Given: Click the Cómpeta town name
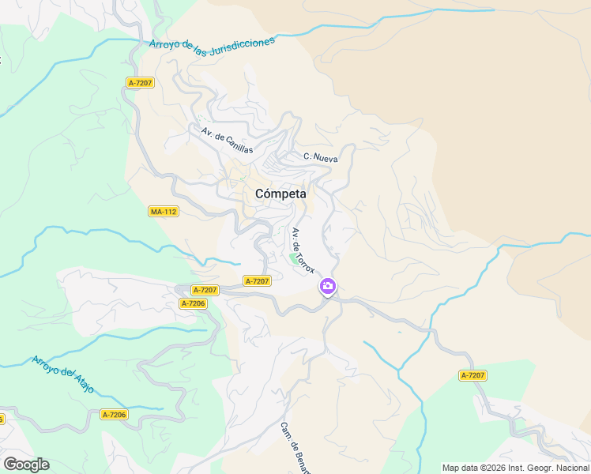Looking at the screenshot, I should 280,194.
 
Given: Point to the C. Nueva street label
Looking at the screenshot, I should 320,158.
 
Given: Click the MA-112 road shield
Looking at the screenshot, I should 164,212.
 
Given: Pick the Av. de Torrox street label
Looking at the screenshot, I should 303,250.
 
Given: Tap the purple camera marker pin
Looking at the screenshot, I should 327,287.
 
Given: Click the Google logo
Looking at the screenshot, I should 26,465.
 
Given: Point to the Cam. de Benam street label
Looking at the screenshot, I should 292,447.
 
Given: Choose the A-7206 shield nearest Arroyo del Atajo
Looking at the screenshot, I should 115,415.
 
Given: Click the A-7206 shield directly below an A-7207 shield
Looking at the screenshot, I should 193,303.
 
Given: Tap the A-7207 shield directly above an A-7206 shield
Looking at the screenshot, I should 193,291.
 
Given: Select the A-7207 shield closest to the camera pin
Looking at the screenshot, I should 258,281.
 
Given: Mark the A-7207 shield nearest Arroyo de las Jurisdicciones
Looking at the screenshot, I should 140,82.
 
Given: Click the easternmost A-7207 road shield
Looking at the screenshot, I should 472,375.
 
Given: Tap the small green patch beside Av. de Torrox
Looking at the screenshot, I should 294,258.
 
